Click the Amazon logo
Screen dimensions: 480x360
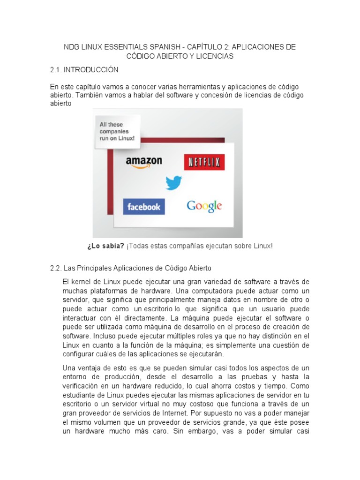(144, 163)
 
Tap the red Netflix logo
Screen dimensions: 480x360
(204, 162)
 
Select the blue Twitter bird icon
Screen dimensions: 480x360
(173, 183)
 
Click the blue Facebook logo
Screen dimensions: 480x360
(144, 207)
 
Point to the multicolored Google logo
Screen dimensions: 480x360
(204, 206)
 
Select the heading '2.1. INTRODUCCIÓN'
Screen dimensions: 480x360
(84, 70)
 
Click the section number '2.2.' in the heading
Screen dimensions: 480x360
(55, 269)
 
